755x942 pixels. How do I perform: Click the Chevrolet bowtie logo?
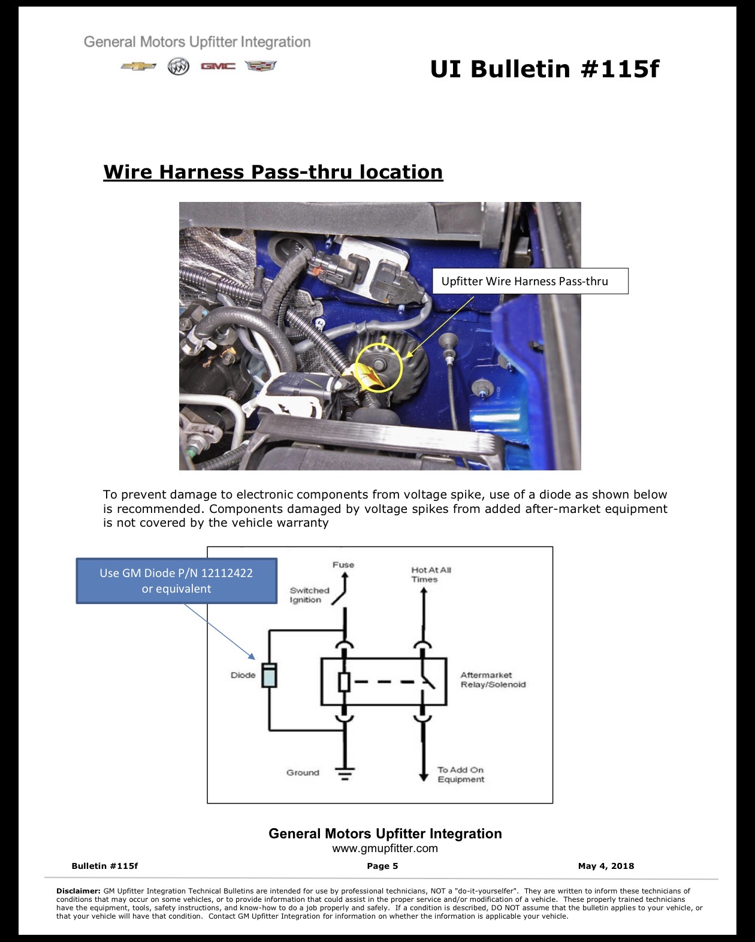coord(138,66)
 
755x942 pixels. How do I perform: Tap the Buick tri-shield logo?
coord(179,66)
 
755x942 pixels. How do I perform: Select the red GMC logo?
coord(218,66)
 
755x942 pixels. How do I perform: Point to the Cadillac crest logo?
coord(261,66)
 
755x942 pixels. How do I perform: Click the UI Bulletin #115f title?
coord(545,69)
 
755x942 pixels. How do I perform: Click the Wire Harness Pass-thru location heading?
coord(273,172)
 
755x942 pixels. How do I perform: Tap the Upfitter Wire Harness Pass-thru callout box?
coord(530,281)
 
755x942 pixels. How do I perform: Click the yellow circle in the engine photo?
coord(378,343)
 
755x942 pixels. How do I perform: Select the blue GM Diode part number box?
coord(176,581)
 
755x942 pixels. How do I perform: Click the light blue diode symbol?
coord(269,675)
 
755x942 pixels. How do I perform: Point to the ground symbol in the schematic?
coord(345,774)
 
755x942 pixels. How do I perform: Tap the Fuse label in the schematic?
coord(343,564)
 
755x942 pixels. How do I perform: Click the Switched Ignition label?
coord(309,595)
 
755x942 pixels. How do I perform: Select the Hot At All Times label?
coord(431,574)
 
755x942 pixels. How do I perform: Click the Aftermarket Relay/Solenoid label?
coord(493,680)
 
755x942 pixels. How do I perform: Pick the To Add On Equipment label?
coord(461,774)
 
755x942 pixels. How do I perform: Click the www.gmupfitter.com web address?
coord(385,849)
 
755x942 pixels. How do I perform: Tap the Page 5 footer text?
coord(382,866)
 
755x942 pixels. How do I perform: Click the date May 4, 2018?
coord(606,866)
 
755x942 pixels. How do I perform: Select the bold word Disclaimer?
coord(78,891)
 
